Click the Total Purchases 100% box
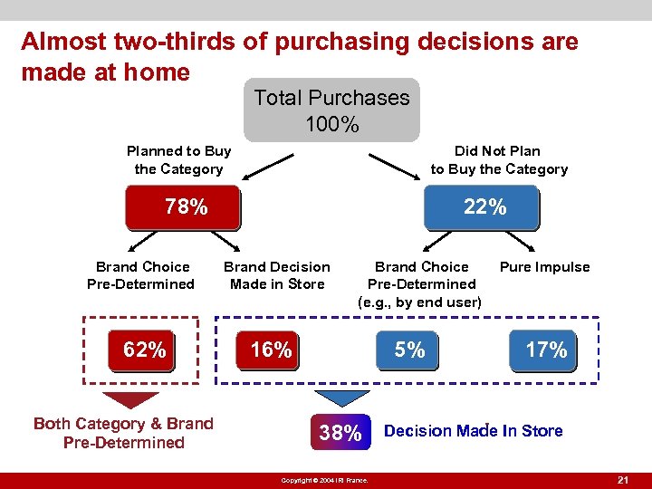(331, 110)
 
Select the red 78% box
(186, 207)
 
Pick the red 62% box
(144, 350)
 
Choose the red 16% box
(271, 350)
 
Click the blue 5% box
(409, 350)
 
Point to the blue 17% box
(546, 350)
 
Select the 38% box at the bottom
(340, 433)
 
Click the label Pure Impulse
(544, 267)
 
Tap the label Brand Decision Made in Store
(277, 275)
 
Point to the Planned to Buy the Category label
(178, 160)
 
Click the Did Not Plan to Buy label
(498, 160)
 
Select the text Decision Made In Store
(473, 431)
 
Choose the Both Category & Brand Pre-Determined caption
(123, 433)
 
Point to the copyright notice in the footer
(324, 480)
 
